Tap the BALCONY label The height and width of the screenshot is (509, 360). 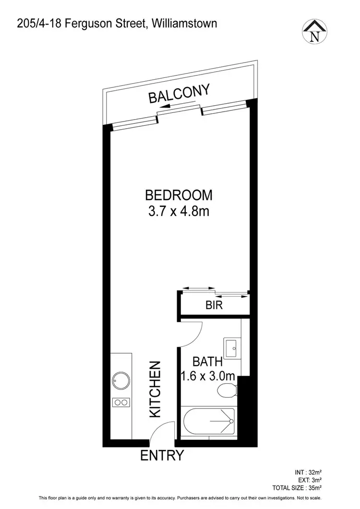pyautogui.click(x=179, y=94)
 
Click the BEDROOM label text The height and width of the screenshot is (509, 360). pyautogui.click(x=179, y=195)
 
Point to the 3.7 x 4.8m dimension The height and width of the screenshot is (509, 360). pyautogui.click(x=179, y=211)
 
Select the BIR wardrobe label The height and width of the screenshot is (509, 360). pyautogui.click(x=214, y=305)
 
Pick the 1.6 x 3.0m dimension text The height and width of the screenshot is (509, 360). pyautogui.click(x=208, y=376)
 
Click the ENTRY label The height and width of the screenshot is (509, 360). pyautogui.click(x=162, y=455)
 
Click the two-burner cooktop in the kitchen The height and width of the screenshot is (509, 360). pyautogui.click(x=120, y=402)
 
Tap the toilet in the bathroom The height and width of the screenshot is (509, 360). pyautogui.click(x=225, y=390)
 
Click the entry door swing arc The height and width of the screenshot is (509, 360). pyautogui.click(x=161, y=431)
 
